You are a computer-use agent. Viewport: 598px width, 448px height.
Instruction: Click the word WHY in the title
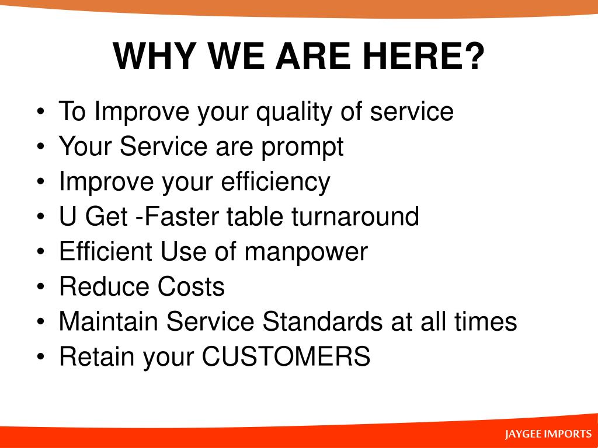pyautogui.click(x=154, y=56)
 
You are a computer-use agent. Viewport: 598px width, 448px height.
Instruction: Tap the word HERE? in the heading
pyautogui.click(x=423, y=56)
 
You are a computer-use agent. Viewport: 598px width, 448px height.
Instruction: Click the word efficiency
pyautogui.click(x=276, y=183)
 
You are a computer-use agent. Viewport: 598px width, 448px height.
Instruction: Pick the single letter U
pyautogui.click(x=68, y=216)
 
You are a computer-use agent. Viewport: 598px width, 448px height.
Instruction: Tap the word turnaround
pyautogui.click(x=355, y=216)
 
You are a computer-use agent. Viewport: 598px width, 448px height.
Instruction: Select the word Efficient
pyautogui.click(x=106, y=251)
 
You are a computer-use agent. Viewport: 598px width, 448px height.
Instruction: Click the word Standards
pyautogui.click(x=322, y=321)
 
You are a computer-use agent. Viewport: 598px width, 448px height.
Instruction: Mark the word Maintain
pyautogui.click(x=108, y=321)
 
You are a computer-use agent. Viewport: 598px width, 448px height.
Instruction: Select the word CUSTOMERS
pyautogui.click(x=286, y=356)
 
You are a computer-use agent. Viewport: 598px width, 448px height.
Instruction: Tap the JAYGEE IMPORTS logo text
pyautogui.click(x=548, y=434)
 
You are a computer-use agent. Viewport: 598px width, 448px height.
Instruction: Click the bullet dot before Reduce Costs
pyautogui.click(x=41, y=286)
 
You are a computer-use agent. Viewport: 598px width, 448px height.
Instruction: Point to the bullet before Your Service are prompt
pyautogui.click(x=41, y=146)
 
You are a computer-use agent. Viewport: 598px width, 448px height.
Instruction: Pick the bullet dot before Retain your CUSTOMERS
pyautogui.click(x=41, y=357)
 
